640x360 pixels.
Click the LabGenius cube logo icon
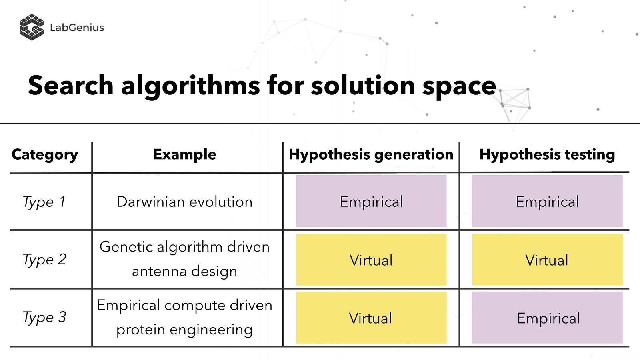[32, 27]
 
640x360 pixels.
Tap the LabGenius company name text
[77, 28]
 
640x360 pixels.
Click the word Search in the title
[70, 86]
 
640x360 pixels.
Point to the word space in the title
[459, 87]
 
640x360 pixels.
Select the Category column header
[44, 154]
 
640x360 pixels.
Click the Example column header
[184, 154]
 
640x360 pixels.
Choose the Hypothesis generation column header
[371, 154]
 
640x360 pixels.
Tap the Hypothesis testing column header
[547, 154]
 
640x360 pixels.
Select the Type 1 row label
[44, 202]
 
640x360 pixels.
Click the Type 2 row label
[44, 260]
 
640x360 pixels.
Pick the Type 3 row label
[44, 318]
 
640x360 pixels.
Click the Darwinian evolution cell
[184, 202]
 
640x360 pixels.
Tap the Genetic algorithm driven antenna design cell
[184, 259]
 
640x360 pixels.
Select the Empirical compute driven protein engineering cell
[184, 318]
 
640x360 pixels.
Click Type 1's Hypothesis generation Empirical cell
[371, 201]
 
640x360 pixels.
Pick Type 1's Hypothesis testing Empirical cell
[547, 201]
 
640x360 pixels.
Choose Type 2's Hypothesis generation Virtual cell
[371, 260]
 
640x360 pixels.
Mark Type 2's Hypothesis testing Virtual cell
[547, 260]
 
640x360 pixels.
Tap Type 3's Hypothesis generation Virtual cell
[371, 318]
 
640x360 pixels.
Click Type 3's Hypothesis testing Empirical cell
[547, 318]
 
